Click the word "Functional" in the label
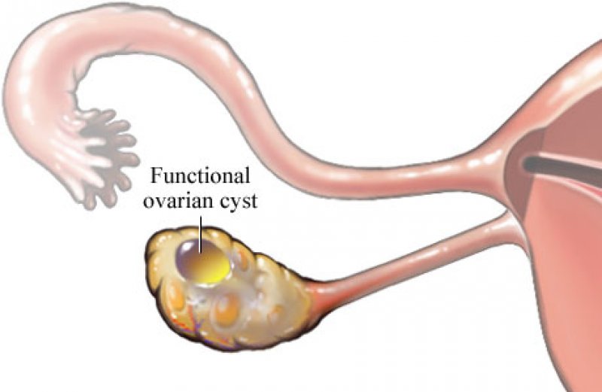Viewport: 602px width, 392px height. click(x=199, y=178)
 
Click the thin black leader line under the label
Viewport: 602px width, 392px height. click(x=201, y=229)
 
